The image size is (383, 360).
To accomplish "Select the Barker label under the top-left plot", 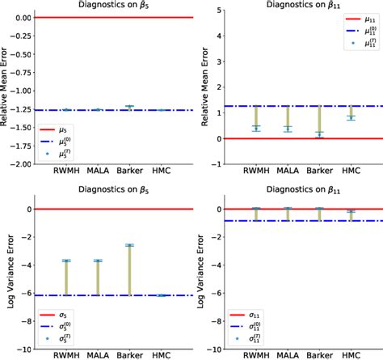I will pyautogui.click(x=129, y=172).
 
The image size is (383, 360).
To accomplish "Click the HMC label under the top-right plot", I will pyautogui.click(x=351, y=172).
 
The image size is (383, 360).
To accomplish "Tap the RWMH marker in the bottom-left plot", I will pyautogui.click(x=66, y=260).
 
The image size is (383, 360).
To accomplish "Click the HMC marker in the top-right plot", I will pyautogui.click(x=351, y=116).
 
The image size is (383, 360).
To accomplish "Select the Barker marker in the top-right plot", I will pyautogui.click(x=319, y=134).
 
